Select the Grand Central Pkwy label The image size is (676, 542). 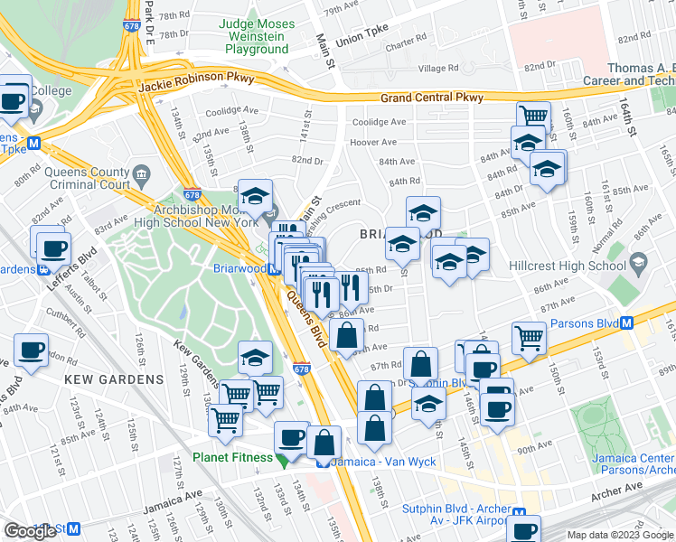click(x=431, y=98)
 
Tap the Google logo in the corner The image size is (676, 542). click(x=31, y=531)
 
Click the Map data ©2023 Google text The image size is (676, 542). click(x=619, y=535)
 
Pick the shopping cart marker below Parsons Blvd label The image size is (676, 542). click(x=529, y=339)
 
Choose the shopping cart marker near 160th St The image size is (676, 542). click(x=533, y=116)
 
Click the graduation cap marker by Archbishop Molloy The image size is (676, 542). click(x=256, y=196)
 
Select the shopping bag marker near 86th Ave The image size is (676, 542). click(x=346, y=336)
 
